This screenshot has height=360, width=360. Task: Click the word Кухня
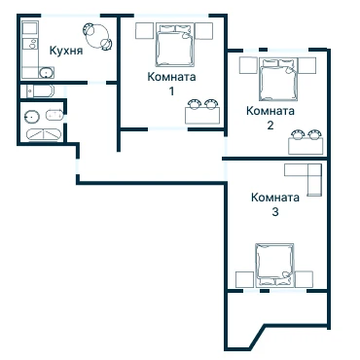pyautogui.click(x=66, y=51)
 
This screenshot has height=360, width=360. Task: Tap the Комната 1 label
pyautogui.click(x=171, y=84)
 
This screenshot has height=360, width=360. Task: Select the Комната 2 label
pyautogui.click(x=270, y=118)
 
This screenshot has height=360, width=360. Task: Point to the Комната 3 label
pyautogui.click(x=275, y=204)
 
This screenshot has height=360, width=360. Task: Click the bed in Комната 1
pyautogui.click(x=174, y=45)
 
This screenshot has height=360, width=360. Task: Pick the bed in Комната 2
pyautogui.click(x=278, y=80)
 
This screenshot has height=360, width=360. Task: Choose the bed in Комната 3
pyautogui.click(x=275, y=265)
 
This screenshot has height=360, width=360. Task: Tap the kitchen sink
pyautogui.click(x=47, y=73)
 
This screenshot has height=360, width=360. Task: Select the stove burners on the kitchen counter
pyautogui.click(x=32, y=44)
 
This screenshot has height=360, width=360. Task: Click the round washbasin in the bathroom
pyautogui.click(x=32, y=116)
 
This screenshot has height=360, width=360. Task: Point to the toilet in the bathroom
pyautogui.click(x=54, y=115)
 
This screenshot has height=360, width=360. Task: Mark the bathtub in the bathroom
pyautogui.click(x=44, y=135)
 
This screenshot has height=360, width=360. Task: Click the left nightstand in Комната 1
pyautogui.click(x=144, y=31)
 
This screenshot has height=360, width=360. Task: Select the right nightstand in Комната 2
pyautogui.click(x=306, y=65)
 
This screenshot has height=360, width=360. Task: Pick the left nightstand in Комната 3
pyautogui.click(x=244, y=279)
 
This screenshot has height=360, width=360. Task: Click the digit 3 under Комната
pyautogui.click(x=275, y=212)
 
